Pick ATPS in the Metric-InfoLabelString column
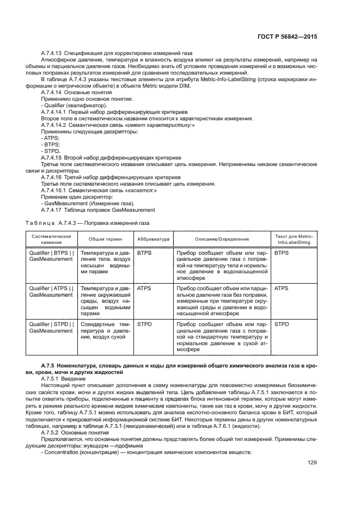pyautogui.click(x=282, y=287)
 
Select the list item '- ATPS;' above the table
pyautogui.click(x=50, y=138)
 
